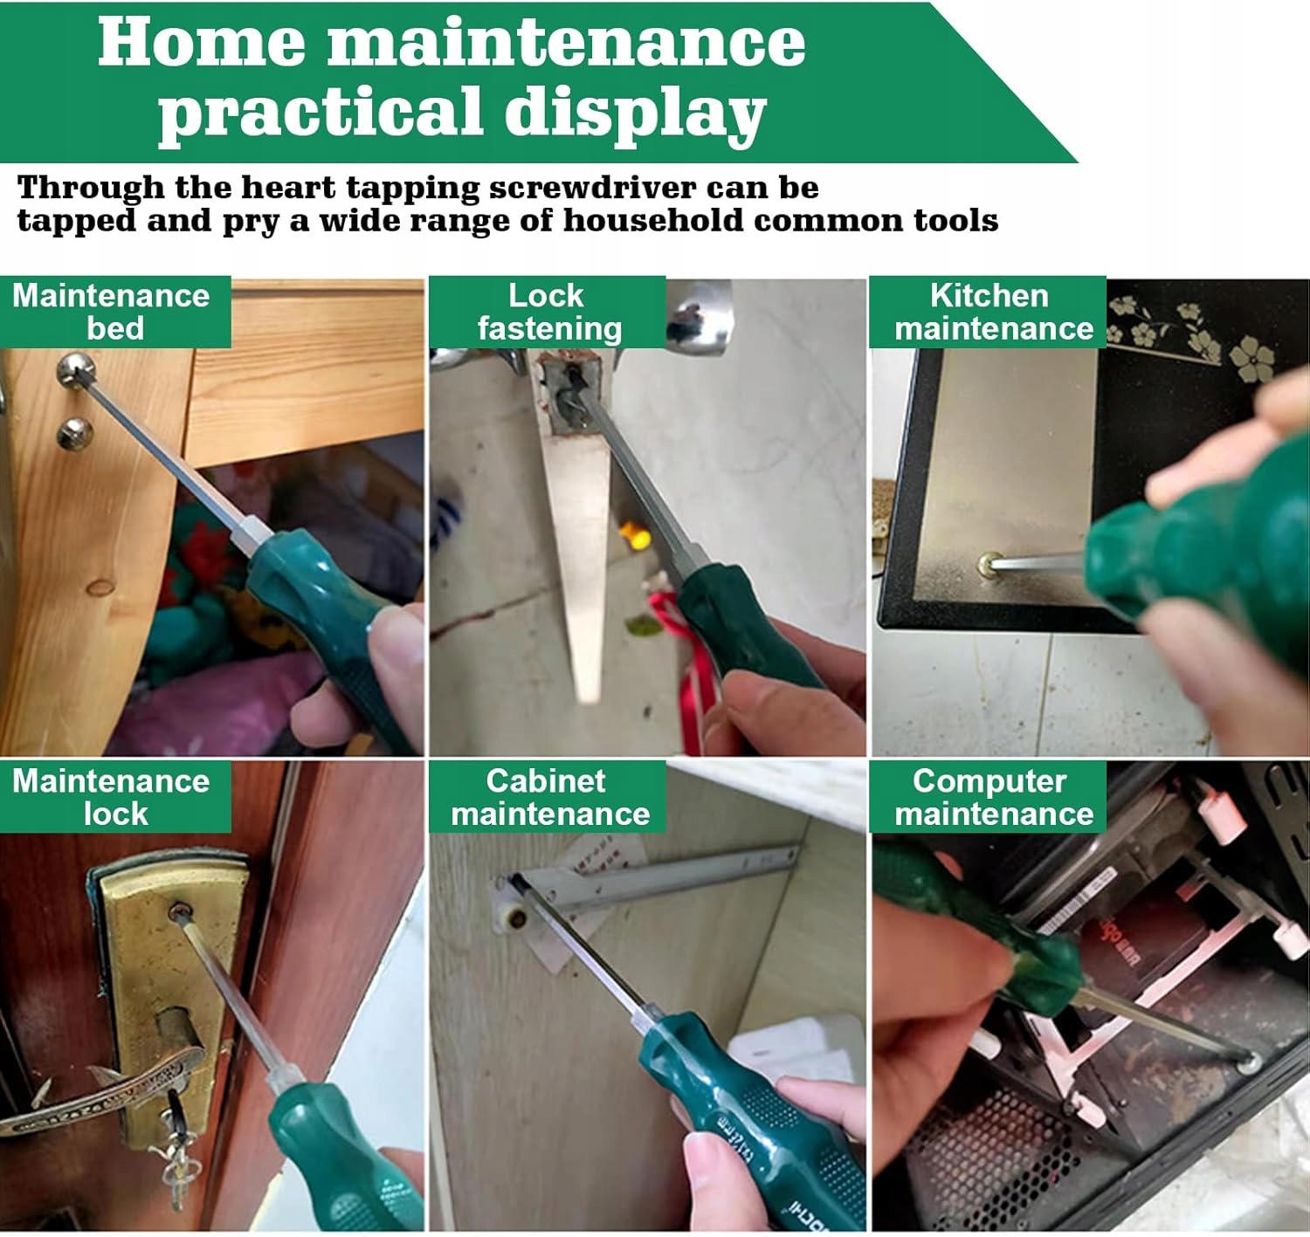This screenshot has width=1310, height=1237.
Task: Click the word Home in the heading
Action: click(x=201, y=42)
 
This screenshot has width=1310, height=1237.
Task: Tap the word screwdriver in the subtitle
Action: click(x=592, y=188)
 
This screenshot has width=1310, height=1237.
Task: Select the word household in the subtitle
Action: click(x=653, y=220)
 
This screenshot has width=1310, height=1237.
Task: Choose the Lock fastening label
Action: click(x=547, y=312)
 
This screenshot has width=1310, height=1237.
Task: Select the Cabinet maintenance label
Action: click(x=547, y=796)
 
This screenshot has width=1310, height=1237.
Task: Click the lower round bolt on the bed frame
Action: click(x=74, y=434)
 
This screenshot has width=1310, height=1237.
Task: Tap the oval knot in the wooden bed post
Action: click(x=101, y=587)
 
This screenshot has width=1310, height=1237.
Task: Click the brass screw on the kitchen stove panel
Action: click(x=987, y=564)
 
